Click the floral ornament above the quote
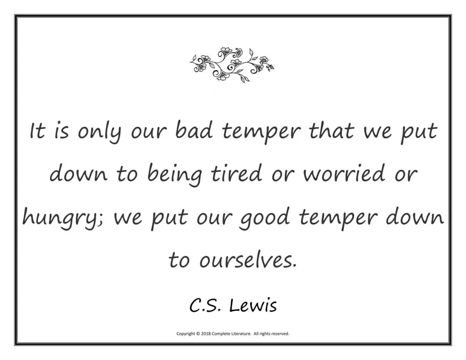click(x=232, y=65)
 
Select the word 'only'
click(x=100, y=132)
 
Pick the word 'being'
click(x=175, y=175)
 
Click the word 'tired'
click(x=237, y=173)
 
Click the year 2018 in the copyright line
click(x=206, y=334)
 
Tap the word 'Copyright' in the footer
click(x=186, y=334)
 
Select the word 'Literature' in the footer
click(x=240, y=334)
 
